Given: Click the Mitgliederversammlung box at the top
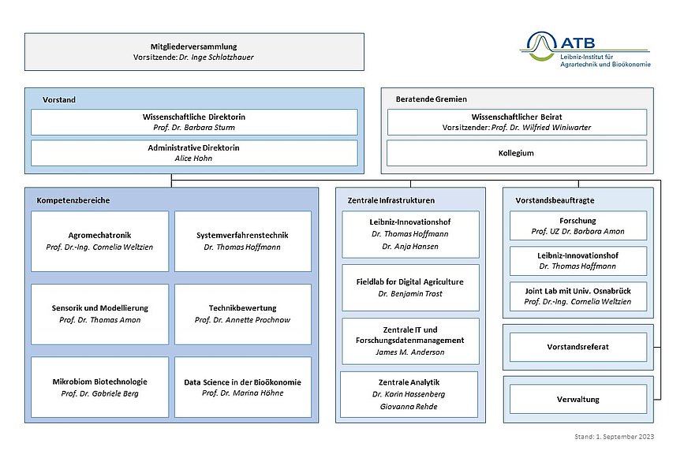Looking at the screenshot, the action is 194,52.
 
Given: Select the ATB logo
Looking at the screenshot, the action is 585,49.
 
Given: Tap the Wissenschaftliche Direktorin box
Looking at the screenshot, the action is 194,122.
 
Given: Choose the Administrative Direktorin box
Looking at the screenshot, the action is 194,153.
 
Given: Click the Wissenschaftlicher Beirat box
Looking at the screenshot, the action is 517,122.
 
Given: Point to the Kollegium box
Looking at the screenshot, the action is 517,153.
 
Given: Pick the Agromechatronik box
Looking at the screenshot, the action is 100,241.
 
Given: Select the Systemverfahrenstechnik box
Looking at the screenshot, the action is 243,241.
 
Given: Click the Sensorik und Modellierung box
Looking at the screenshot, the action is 100,314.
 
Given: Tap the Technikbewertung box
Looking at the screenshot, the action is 243,314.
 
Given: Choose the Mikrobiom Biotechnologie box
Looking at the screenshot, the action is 100,387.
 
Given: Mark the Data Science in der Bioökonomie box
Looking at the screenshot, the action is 243,387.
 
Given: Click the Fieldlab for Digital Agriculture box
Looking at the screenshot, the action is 410,288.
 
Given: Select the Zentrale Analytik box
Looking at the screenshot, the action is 409,394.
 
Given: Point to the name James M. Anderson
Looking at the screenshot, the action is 410,352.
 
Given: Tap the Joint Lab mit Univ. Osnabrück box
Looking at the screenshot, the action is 578,296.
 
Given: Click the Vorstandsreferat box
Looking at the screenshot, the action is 578,347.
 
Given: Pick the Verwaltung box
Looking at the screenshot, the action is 578,400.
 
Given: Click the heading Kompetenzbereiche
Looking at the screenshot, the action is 73,200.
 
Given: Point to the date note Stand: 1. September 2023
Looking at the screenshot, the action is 615,437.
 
